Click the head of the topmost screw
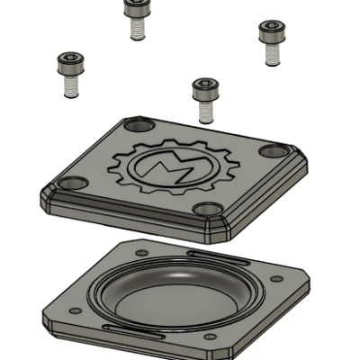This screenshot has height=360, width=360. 138,8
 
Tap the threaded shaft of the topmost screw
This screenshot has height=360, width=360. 138,28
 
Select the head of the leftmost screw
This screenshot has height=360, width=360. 70,63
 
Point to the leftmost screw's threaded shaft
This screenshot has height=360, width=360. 71,85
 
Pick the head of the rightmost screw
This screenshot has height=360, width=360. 272,31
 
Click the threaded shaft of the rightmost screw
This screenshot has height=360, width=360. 273,53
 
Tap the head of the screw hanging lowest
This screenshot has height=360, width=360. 205,89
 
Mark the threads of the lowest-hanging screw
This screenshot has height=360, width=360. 206,112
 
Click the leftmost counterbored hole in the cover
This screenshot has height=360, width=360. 72,183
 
